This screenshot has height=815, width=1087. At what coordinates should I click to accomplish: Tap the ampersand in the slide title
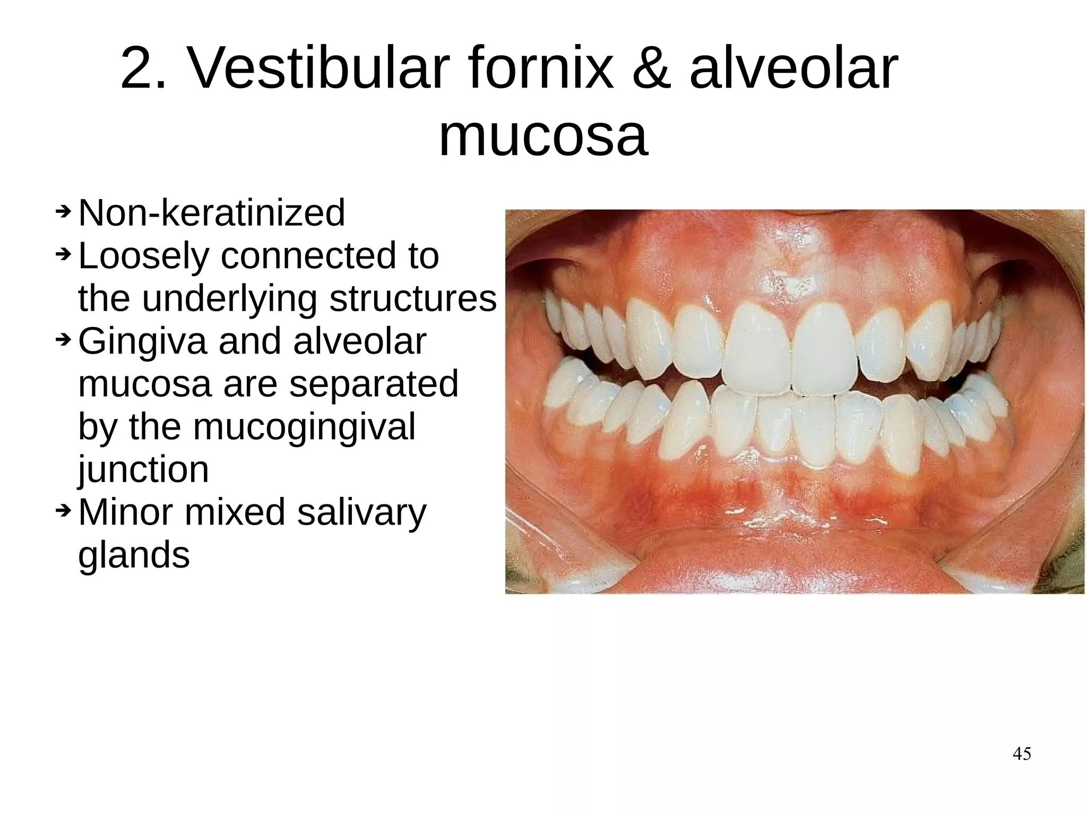(x=652, y=70)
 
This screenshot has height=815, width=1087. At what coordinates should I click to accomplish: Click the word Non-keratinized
(x=212, y=213)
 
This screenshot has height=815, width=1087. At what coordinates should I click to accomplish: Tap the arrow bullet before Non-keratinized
(x=63, y=212)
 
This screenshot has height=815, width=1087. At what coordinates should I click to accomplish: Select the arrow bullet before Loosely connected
(x=63, y=254)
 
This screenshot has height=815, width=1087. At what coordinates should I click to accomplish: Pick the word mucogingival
(x=304, y=427)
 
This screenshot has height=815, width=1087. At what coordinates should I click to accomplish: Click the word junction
(x=143, y=469)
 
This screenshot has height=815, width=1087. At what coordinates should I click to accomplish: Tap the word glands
(x=134, y=555)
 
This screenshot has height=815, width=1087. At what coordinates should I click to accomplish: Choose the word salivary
(x=361, y=512)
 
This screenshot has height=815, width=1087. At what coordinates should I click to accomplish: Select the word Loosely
(x=144, y=256)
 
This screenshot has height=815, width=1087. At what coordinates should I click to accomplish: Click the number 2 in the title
(x=137, y=70)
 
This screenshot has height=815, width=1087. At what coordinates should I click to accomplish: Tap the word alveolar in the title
(x=793, y=70)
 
